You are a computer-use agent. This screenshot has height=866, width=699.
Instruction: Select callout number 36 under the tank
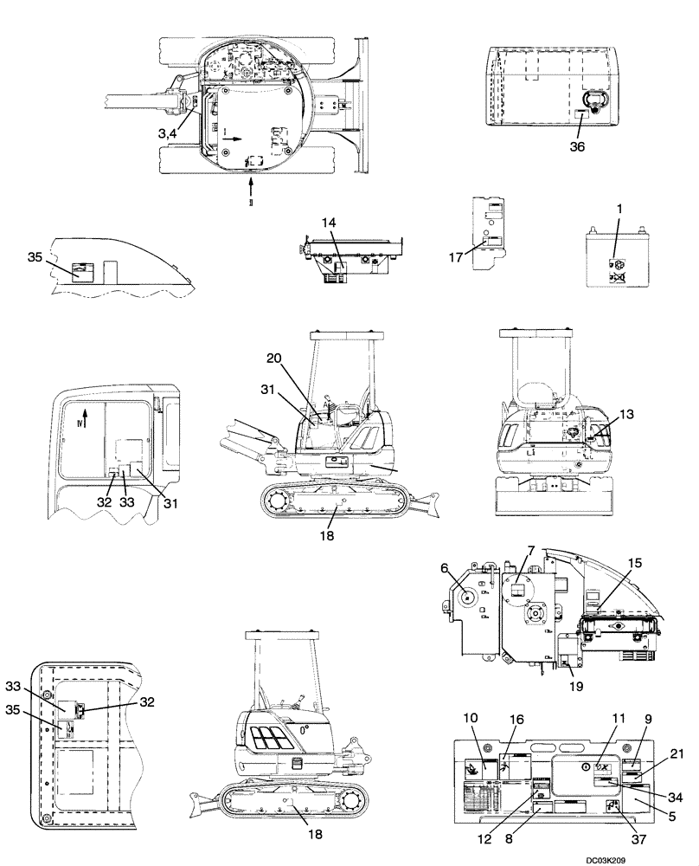coord(577,146)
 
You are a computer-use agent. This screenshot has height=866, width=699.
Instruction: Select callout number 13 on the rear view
coord(626,415)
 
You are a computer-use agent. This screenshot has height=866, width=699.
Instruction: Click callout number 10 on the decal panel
coord(470,718)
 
